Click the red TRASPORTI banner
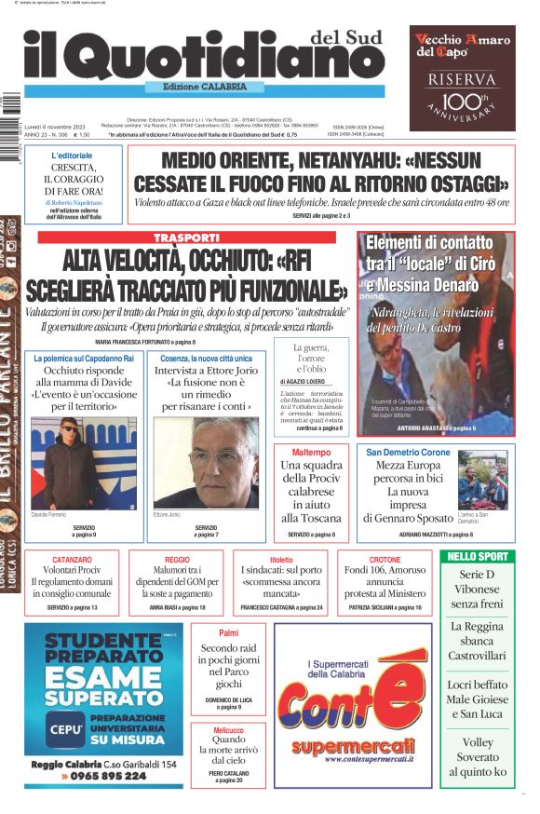186,237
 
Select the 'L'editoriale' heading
72,156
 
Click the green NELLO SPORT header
477,556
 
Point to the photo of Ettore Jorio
206,462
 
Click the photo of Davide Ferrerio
72,462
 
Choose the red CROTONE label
385,559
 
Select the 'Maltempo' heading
312,452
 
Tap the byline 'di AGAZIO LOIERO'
310,382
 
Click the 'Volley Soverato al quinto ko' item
477,756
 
